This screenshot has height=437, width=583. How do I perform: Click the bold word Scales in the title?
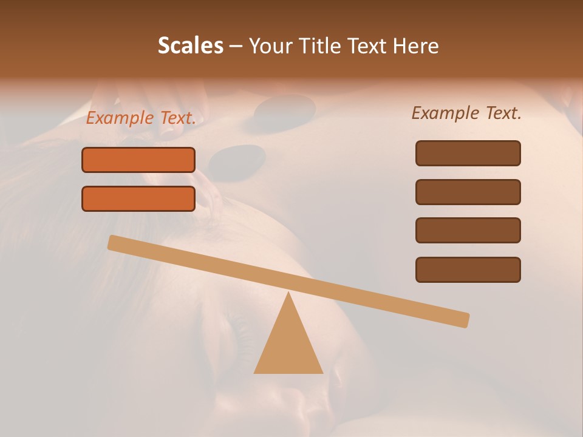pyautogui.click(x=190, y=46)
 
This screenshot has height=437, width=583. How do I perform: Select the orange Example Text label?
pyautogui.click(x=141, y=118)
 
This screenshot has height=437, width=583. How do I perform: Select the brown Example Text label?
pyautogui.click(x=466, y=113)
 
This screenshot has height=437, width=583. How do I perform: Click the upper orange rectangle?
pyautogui.click(x=138, y=160)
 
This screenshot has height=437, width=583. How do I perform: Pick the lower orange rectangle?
pyautogui.click(x=138, y=198)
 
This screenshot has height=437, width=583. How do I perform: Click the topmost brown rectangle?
pyautogui.click(x=468, y=153)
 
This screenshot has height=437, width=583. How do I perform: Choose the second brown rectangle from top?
pyautogui.click(x=468, y=192)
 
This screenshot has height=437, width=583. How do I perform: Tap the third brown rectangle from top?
pyautogui.click(x=468, y=231)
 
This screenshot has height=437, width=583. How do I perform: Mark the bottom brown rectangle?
pyautogui.click(x=468, y=269)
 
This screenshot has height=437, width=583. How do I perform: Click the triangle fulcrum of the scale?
pyautogui.click(x=288, y=346)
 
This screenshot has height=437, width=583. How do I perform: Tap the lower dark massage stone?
pyautogui.click(x=237, y=159)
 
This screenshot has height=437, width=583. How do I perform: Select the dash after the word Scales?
pyautogui.click(x=236, y=46)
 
